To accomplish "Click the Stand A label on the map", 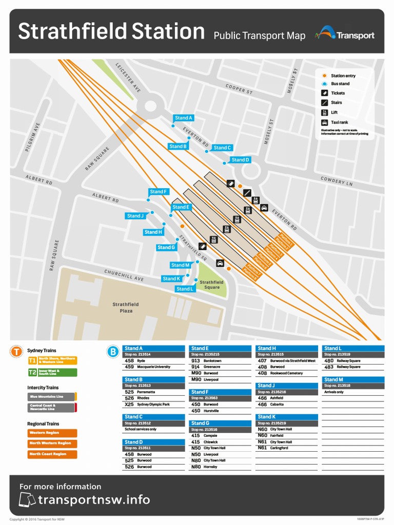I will [x=183, y=118].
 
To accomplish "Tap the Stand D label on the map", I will [x=240, y=159].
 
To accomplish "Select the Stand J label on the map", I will [x=135, y=216].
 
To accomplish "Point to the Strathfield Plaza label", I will [x=126, y=308].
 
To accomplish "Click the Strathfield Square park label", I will [x=211, y=285].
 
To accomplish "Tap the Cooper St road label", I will [x=239, y=89].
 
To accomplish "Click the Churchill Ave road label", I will [x=124, y=275].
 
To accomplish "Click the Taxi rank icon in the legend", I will [x=324, y=123].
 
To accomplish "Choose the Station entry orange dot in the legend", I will [x=324, y=76].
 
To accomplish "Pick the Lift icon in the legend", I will [x=324, y=112].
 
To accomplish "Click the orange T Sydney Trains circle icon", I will [x=17, y=352].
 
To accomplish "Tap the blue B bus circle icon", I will [x=112, y=352].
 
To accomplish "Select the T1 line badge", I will [x=32, y=360].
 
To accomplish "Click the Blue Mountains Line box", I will [x=51, y=396].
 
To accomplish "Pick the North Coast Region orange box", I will [x=52, y=454].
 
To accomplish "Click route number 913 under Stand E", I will [x=195, y=360].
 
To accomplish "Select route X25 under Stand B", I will [x=129, y=405].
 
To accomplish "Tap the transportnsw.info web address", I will [x=93, y=499].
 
